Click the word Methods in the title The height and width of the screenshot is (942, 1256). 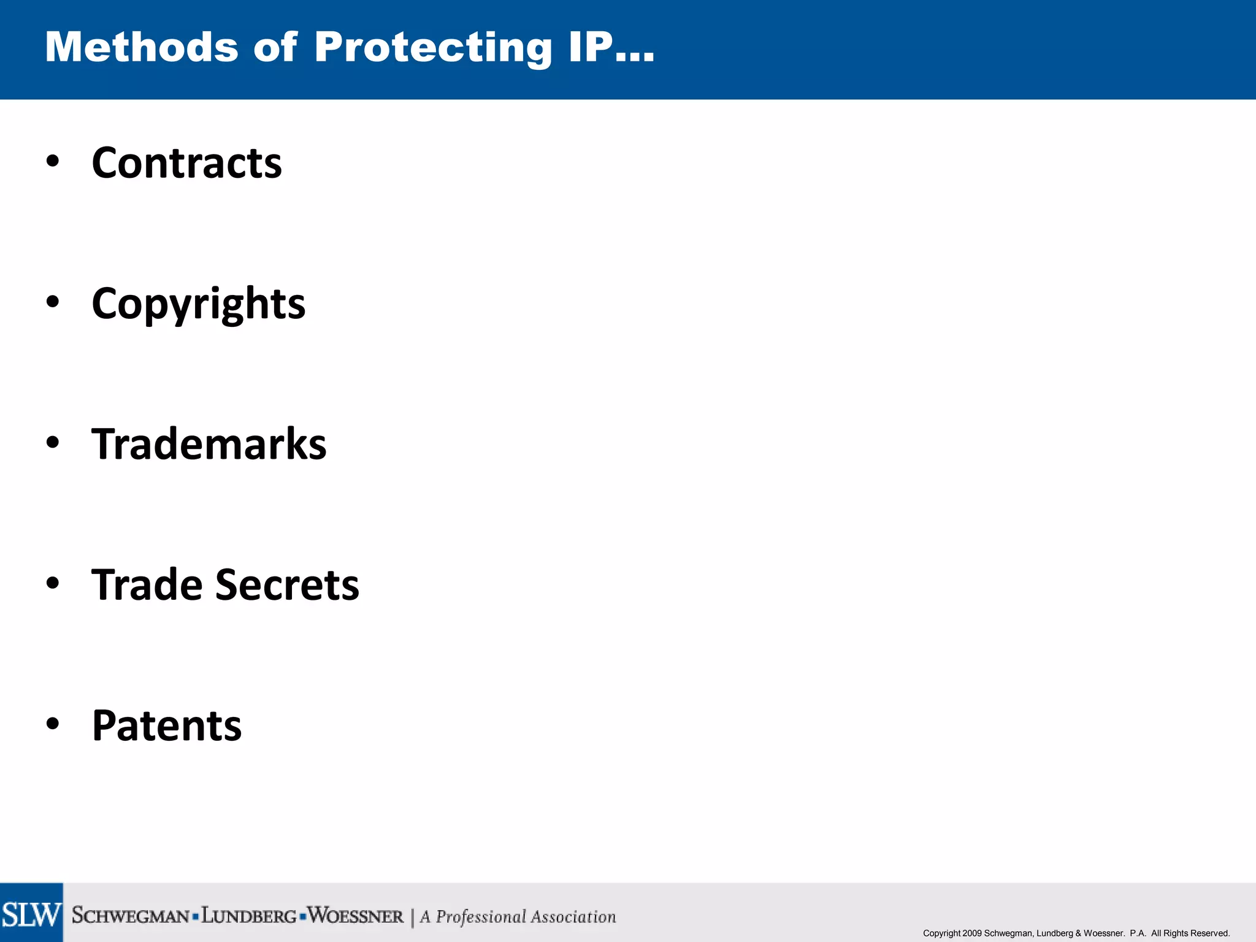[x=142, y=47]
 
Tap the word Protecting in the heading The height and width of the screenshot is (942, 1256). [x=433, y=48]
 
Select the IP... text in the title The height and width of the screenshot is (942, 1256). [x=611, y=47]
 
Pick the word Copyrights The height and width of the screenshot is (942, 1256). [x=198, y=304]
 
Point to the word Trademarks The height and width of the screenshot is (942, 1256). [x=209, y=444]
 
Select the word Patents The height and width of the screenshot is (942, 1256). [x=167, y=726]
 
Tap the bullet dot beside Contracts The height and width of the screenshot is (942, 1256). [x=53, y=161]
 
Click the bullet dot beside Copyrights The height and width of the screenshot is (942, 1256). [x=53, y=302]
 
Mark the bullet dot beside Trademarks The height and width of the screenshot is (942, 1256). [x=53, y=442]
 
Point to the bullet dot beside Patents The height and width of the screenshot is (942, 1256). [x=53, y=724]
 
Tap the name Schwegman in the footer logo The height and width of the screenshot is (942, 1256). [x=131, y=916]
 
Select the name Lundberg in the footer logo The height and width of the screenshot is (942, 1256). [x=249, y=916]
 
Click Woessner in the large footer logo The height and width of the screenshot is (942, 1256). [x=356, y=916]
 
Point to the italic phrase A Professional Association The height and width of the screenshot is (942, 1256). [x=518, y=917]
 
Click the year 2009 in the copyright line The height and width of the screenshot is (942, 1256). [x=972, y=933]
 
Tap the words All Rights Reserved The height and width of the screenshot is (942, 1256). [x=1190, y=933]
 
